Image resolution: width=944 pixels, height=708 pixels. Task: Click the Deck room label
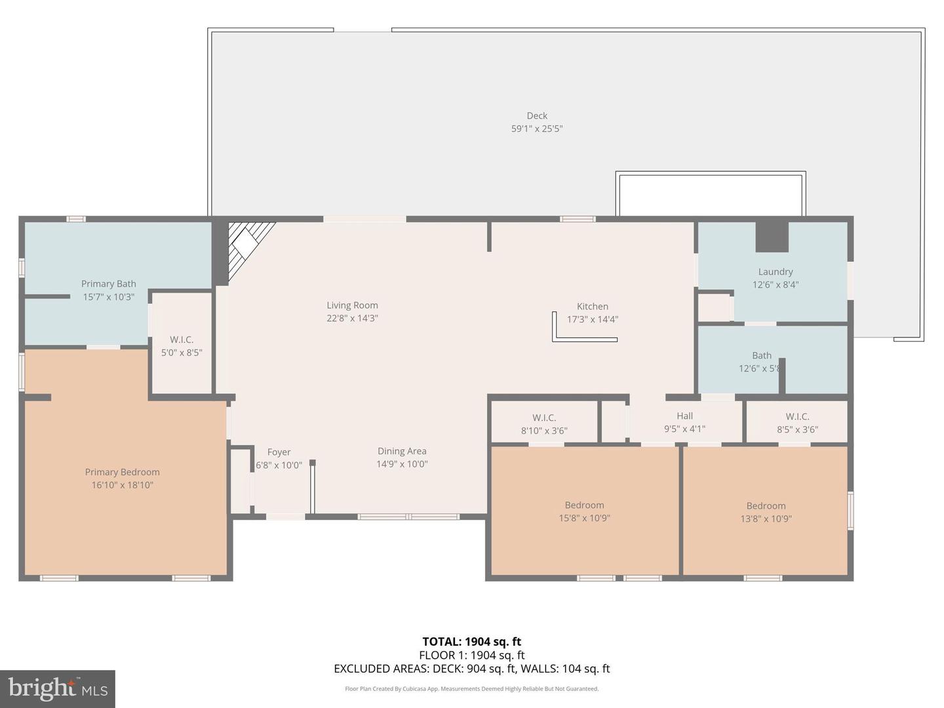click(536, 116)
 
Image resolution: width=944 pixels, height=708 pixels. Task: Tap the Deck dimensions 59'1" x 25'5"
click(536, 129)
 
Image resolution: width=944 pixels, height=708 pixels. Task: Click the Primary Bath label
click(109, 284)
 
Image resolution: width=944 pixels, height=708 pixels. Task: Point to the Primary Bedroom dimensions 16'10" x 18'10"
click(122, 486)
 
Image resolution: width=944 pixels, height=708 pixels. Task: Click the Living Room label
click(352, 305)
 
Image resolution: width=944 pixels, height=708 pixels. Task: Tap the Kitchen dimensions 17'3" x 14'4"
click(592, 320)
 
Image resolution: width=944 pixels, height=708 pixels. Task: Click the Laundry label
click(776, 272)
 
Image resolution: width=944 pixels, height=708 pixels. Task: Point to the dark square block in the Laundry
click(772, 237)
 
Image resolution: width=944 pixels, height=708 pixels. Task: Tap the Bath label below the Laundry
click(762, 356)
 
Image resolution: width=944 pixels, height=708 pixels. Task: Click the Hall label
click(684, 416)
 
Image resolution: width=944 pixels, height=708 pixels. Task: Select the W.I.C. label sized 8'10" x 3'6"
click(544, 418)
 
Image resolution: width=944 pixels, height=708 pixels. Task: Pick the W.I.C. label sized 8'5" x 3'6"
click(797, 417)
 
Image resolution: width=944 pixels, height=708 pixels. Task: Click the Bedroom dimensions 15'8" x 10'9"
click(584, 519)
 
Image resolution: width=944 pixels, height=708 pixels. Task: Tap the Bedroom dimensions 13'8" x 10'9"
click(766, 519)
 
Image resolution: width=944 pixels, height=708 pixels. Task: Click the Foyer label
click(279, 452)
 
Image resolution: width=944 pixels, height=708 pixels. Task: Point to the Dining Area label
click(402, 452)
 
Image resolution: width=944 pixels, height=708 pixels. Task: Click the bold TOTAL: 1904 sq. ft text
click(471, 642)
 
